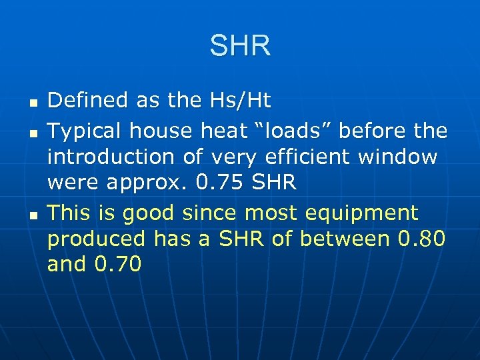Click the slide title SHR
(x=240, y=46)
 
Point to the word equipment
(x=361, y=214)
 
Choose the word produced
(x=96, y=239)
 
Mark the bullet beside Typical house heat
(x=31, y=132)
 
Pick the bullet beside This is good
(x=31, y=215)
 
